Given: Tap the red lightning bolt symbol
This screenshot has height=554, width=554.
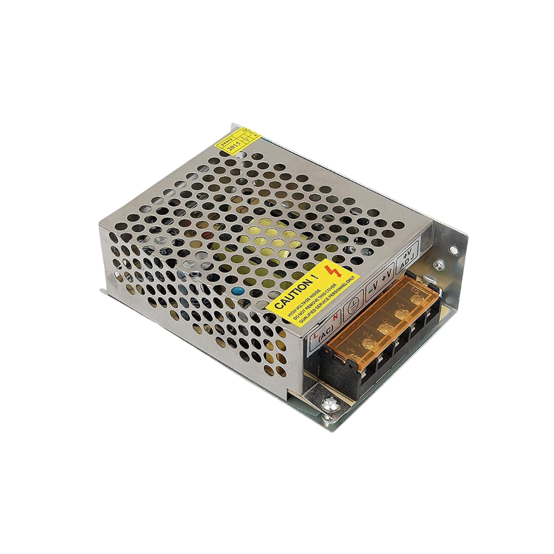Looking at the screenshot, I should pyautogui.click(x=334, y=271).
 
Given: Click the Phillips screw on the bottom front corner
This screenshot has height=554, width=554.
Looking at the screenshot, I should pyautogui.click(x=330, y=406).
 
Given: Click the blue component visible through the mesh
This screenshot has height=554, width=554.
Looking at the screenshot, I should pyautogui.click(x=237, y=290).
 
